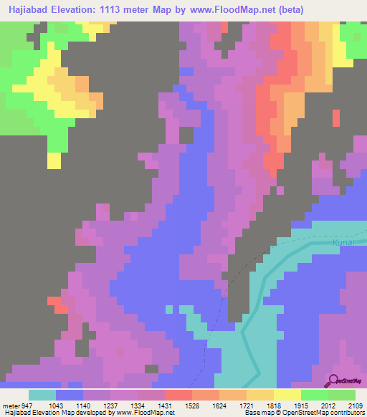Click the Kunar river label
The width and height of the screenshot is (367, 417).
coord(343,244)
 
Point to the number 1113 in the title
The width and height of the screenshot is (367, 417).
coord(110,10)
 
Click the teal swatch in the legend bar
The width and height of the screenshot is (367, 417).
coord(42,395)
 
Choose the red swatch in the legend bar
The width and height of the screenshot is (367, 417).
coord(178,395)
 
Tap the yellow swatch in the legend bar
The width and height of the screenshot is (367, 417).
coord(287,395)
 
